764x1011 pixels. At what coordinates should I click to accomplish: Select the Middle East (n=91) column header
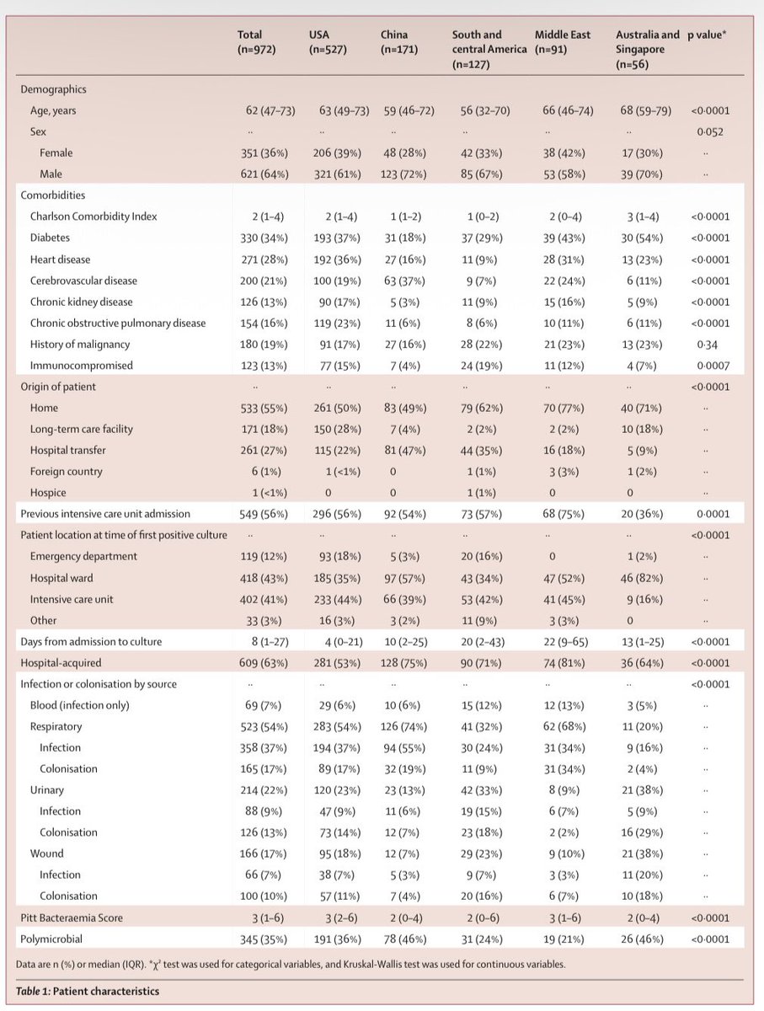pyautogui.click(x=562, y=42)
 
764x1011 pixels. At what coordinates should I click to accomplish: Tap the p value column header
pyautogui.click(x=713, y=35)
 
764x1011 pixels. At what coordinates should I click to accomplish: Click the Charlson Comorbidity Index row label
pyautogui.click(x=93, y=217)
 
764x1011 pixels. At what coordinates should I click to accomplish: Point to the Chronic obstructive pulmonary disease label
pyautogui.click(x=118, y=323)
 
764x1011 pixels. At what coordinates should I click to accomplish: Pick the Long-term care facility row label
pyautogui.click(x=82, y=429)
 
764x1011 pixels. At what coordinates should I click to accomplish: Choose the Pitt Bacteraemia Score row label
pyautogui.click(x=77, y=917)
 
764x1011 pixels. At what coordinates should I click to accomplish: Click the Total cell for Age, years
pyautogui.click(x=264, y=110)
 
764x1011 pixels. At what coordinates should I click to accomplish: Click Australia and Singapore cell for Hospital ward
pyautogui.click(x=643, y=577)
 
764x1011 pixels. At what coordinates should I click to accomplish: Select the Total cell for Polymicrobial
pyautogui.click(x=264, y=938)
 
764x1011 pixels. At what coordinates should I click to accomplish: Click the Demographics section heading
pyautogui.click(x=53, y=89)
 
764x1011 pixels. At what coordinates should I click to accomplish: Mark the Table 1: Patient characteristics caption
pyautogui.click(x=88, y=991)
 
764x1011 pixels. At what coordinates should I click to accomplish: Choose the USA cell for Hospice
pyautogui.click(x=329, y=492)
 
